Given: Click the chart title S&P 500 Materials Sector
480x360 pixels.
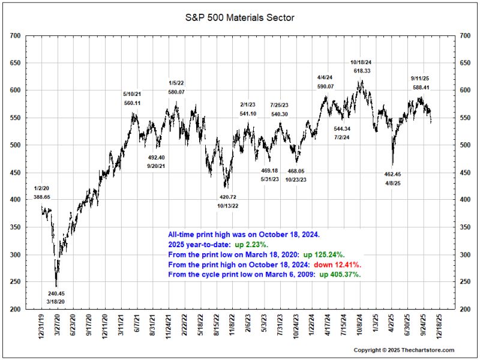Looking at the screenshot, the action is point(239,18).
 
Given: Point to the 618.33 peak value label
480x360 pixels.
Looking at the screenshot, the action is point(362,71).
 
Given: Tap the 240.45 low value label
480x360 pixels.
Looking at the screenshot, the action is point(56,293).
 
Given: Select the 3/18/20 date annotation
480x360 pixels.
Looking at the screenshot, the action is point(56,302).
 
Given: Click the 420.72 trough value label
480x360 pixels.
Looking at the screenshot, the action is point(228,197).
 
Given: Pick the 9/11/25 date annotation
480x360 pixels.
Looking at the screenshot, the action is point(420,79).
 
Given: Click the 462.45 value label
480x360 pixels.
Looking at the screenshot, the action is point(392,174).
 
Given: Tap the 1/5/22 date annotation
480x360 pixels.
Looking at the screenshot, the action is point(176,83).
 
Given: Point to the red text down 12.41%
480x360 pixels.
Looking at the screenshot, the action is point(338,265).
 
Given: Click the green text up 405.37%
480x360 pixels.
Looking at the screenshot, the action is point(340,274).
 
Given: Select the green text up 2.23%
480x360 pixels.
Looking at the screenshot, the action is point(251,245).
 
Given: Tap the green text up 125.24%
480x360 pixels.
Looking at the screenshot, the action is point(324,254).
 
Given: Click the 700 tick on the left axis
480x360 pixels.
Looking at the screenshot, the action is point(15,36).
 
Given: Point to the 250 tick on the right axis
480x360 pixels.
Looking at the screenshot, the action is point(465,282).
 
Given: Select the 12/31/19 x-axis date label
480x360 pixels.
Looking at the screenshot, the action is point(41,325).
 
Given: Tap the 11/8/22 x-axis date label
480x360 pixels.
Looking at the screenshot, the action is point(232,325).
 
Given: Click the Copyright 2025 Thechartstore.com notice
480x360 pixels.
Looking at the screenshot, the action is point(404,350).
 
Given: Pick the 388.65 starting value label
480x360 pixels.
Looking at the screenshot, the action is point(41,197).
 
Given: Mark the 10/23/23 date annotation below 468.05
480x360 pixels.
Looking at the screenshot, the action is point(296,179).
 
